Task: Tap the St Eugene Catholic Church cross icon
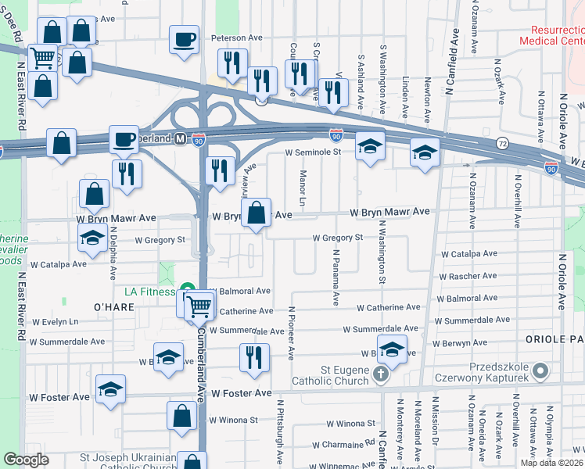pyautogui.click(x=381, y=374)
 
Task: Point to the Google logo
pyautogui.click(x=26, y=460)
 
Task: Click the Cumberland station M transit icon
pyautogui.click(x=180, y=138)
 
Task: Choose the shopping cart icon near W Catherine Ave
pyautogui.click(x=199, y=306)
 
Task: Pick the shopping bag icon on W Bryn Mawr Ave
pyautogui.click(x=256, y=212)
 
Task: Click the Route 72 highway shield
pyautogui.click(x=502, y=144)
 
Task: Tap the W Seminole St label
pyautogui.click(x=314, y=152)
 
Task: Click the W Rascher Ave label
pyautogui.click(x=468, y=276)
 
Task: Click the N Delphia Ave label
pyautogui.click(x=113, y=253)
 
